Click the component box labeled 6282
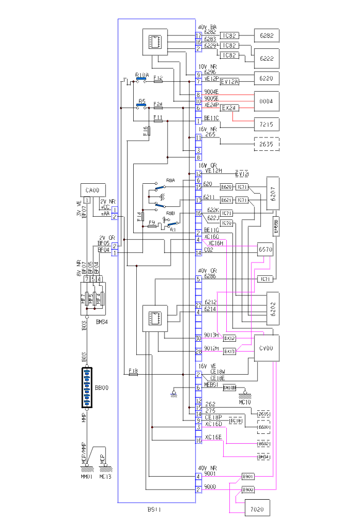[x=267, y=35]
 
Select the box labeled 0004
[x=267, y=101]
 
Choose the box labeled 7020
[x=257, y=510]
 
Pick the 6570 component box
[x=266, y=250]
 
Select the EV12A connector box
[x=229, y=81]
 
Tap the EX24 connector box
[x=229, y=108]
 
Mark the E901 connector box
[x=249, y=476]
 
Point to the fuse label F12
[x=158, y=79]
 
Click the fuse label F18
[x=133, y=371]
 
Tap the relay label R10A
[x=141, y=75]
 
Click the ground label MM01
[x=86, y=477]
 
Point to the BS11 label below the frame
[x=154, y=510]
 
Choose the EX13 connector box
[x=229, y=351]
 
